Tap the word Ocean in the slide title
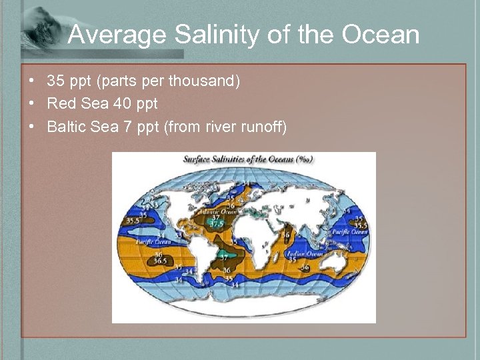point(381,35)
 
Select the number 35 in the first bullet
point(55,81)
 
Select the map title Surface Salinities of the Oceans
point(248,159)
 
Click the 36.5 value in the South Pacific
point(160,261)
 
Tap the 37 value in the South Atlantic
point(225,257)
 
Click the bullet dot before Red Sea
point(32,104)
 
